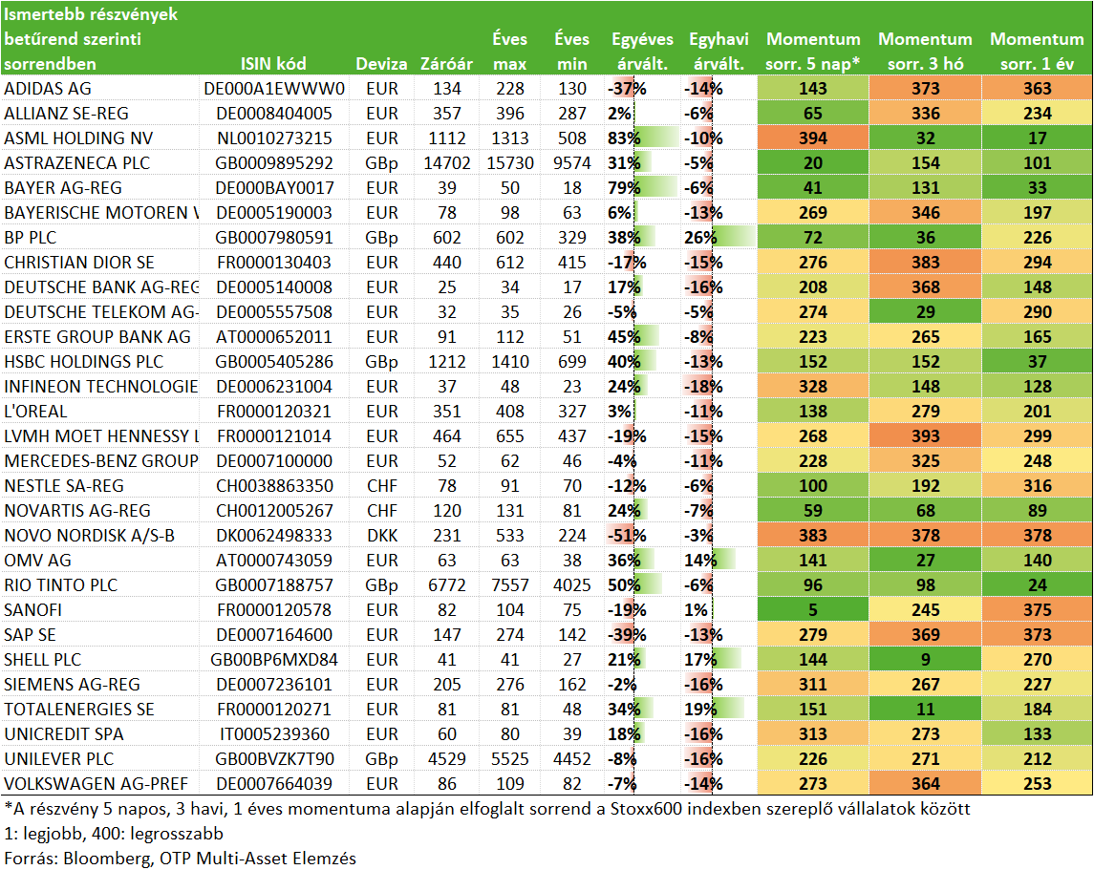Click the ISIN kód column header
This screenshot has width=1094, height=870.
pyautogui.click(x=273, y=64)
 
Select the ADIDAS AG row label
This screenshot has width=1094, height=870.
pyautogui.click(x=48, y=89)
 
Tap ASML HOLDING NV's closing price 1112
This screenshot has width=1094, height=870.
pyautogui.click(x=446, y=138)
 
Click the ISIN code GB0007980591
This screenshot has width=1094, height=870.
pyautogui.click(x=273, y=238)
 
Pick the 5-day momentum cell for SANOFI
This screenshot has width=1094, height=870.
pyautogui.click(x=813, y=610)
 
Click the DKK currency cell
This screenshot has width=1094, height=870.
pyautogui.click(x=381, y=536)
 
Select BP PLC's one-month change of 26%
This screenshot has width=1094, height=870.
pyautogui.click(x=700, y=238)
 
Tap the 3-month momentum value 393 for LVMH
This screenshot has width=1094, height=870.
pyautogui.click(x=925, y=436)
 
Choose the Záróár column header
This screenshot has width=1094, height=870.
pyautogui.click(x=446, y=64)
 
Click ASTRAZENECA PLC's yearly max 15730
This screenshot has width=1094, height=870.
pyautogui.click(x=510, y=163)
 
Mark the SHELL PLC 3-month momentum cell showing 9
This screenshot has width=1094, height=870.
pyautogui.click(x=925, y=660)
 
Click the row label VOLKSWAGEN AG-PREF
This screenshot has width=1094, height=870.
pyautogui.click(x=97, y=784)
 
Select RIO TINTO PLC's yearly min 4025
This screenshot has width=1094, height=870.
pyautogui.click(x=572, y=585)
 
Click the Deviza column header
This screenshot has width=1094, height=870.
pyautogui.click(x=381, y=64)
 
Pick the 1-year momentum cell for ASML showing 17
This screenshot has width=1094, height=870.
pyautogui.click(x=1037, y=138)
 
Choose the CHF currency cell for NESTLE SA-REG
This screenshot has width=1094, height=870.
pyautogui.click(x=381, y=486)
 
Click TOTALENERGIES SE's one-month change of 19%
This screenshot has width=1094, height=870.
pyautogui.click(x=700, y=710)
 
